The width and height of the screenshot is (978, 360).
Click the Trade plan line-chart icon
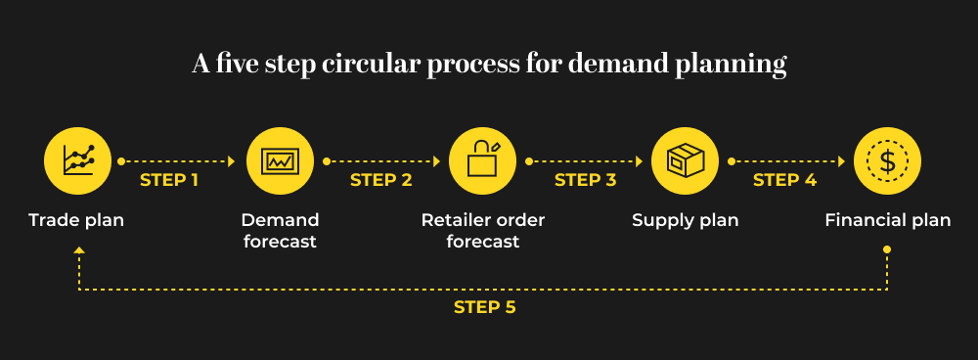[77, 159]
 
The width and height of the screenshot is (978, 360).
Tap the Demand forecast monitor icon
[280, 159]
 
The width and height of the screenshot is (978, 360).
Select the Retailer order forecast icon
[483, 159]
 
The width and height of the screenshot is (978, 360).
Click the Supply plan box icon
[685, 159]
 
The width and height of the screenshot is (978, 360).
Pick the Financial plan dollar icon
[887, 159]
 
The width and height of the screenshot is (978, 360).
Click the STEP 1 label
[169, 180]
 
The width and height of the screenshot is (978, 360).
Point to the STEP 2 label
[380, 180]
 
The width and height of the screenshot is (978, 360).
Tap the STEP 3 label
[585, 180]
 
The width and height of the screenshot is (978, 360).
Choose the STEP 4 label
[784, 180]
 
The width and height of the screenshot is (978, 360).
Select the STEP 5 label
[484, 307]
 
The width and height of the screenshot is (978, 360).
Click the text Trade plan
[76, 220]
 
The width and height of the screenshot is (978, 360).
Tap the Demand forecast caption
[280, 231]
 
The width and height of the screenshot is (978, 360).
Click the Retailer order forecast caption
[483, 231]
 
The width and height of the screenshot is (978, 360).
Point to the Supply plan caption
[685, 220]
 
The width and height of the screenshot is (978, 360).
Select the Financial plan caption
[887, 220]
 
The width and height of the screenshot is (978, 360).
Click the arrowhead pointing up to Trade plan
[78, 251]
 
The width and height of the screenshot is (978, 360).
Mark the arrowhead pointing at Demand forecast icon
[232, 160]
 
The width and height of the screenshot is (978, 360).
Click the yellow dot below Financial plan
[887, 249]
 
